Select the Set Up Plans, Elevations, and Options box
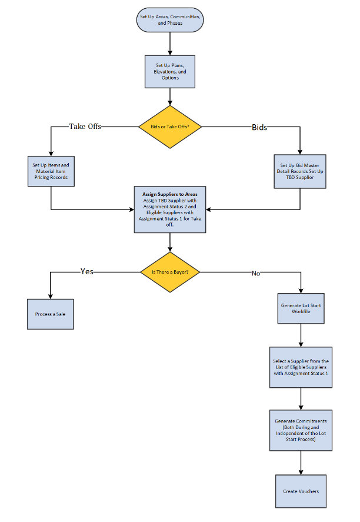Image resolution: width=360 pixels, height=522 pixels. [170, 71]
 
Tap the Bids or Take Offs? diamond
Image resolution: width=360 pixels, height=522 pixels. [170, 127]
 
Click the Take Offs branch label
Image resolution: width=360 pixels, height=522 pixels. [86, 127]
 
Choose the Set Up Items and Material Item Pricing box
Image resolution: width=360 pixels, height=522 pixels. [51, 171]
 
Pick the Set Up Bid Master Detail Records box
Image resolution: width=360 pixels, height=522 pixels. [300, 171]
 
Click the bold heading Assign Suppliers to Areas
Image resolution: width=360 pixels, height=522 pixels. [170, 194]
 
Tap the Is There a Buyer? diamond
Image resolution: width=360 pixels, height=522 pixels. [170, 272]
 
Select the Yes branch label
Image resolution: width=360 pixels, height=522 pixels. [87, 272]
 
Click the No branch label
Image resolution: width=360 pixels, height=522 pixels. [256, 273]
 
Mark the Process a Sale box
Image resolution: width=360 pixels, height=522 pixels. [51, 314]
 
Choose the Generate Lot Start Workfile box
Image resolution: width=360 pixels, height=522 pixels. [301, 308]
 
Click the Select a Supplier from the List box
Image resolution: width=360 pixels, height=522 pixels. [301, 367]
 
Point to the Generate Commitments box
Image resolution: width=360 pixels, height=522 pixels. [301, 430]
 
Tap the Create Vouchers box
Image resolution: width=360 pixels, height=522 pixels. [301, 491]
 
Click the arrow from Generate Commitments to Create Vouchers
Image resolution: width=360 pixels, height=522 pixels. [301, 462]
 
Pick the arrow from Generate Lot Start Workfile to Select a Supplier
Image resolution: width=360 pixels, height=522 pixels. [301, 335]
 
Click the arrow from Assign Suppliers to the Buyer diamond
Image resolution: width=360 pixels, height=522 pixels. [170, 241]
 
